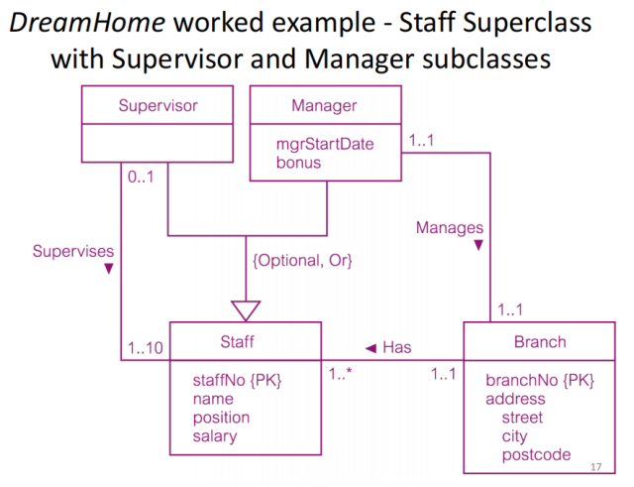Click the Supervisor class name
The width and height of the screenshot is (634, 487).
click(158, 105)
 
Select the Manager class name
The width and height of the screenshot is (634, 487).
click(324, 105)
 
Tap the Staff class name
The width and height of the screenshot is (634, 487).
click(238, 342)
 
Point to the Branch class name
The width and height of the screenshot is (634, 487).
click(540, 342)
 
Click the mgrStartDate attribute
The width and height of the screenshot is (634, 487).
click(325, 144)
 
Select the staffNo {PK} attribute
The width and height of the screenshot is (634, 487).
click(237, 380)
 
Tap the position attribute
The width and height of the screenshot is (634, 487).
click(221, 418)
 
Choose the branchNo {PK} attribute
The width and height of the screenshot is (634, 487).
click(539, 380)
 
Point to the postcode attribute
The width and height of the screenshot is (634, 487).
click(536, 454)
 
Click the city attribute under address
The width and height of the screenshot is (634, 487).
click(514, 436)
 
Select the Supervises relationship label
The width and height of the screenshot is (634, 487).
click(71, 249)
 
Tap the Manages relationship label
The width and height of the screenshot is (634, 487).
click(450, 229)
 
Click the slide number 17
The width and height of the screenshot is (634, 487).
click(595, 466)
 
